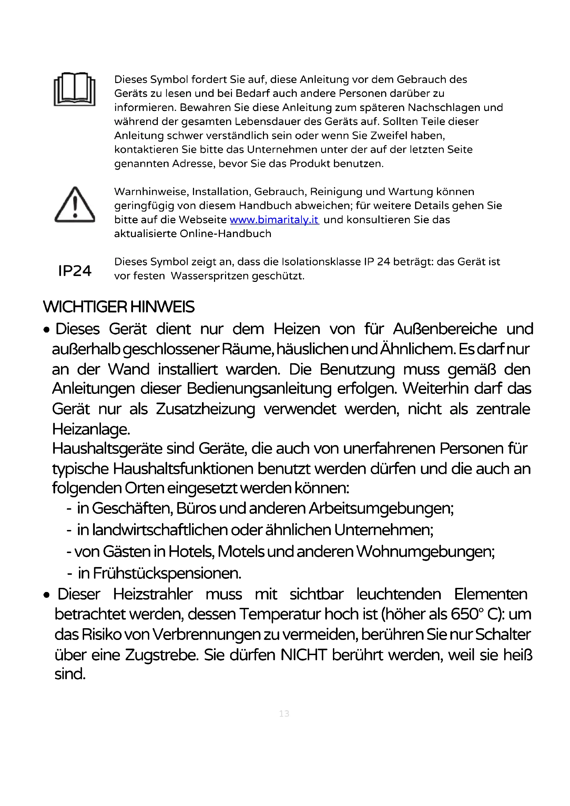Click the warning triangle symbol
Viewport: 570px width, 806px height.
[x=75, y=205]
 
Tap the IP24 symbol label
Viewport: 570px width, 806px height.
[x=75, y=271]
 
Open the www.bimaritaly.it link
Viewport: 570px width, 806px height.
[x=274, y=220]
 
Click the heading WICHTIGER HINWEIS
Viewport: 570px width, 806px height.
[x=119, y=307]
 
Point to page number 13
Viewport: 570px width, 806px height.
[x=284, y=713]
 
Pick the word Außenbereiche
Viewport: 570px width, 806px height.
[x=445, y=329]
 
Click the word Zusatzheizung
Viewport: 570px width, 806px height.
[x=205, y=409]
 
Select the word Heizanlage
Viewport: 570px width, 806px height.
[x=91, y=429]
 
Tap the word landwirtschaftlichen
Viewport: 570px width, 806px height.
[x=160, y=530]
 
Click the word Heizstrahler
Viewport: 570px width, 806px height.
[x=153, y=594]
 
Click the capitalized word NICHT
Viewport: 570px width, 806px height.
[x=304, y=655]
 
